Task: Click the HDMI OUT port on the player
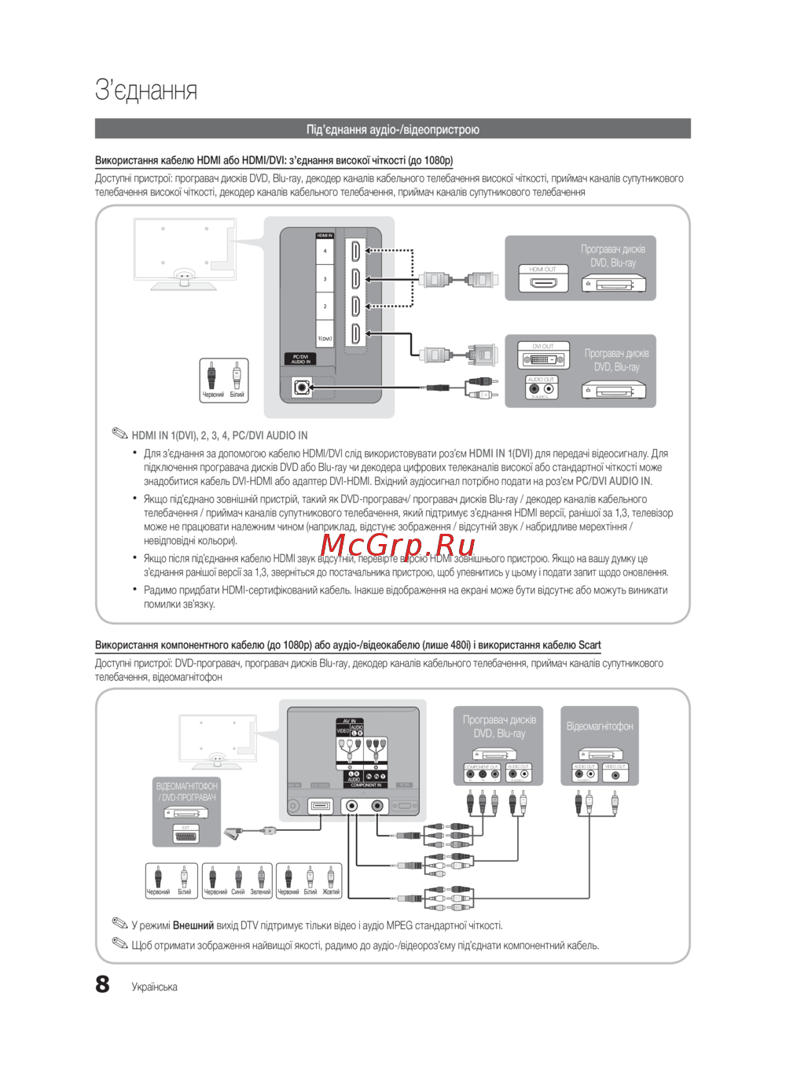click(542, 281)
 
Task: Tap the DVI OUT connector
click(543, 359)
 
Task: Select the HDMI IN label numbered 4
click(325, 251)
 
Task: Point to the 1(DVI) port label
click(325, 339)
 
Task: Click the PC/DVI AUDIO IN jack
click(301, 388)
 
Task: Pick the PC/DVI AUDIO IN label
click(300, 359)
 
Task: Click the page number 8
click(103, 984)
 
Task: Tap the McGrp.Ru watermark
click(398, 545)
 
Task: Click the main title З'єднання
click(146, 90)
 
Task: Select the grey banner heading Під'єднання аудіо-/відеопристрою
click(393, 129)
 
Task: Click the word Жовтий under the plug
click(331, 892)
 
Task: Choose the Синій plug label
click(238, 892)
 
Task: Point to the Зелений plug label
click(260, 892)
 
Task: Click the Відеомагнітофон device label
click(600, 726)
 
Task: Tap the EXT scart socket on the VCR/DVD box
click(186, 836)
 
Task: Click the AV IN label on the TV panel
click(349, 721)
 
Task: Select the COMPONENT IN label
click(365, 785)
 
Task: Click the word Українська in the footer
click(155, 987)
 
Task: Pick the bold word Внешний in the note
click(193, 925)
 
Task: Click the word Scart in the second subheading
click(589, 645)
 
